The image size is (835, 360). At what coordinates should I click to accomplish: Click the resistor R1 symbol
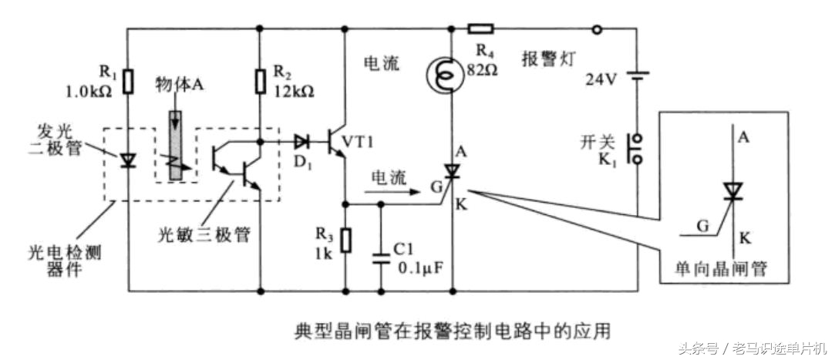pos(129,79)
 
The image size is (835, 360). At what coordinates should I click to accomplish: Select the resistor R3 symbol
pos(345,240)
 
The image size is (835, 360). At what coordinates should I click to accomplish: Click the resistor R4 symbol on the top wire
pos(481,30)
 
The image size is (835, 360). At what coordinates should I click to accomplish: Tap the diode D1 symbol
pos(301,142)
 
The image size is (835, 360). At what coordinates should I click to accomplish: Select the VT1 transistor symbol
pos(338,142)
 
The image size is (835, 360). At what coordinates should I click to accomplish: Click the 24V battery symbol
pos(637,78)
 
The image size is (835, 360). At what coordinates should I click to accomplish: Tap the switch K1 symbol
pos(637,149)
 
